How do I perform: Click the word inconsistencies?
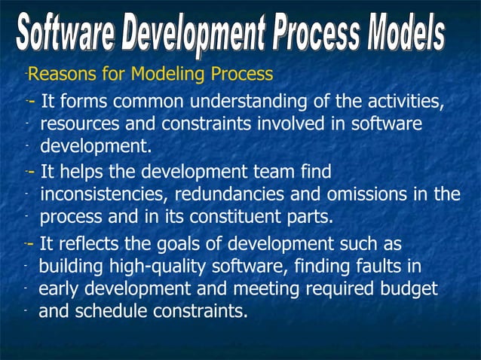(x=104, y=194)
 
